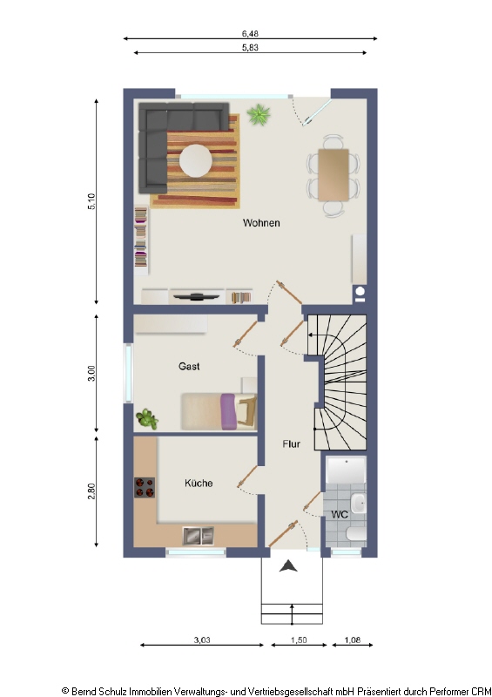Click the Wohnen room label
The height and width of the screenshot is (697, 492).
[261, 223]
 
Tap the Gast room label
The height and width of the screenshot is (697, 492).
[189, 366]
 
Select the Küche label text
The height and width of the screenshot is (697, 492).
[199, 483]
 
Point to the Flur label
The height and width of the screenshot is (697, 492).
[291, 443]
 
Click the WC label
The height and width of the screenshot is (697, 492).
[340, 514]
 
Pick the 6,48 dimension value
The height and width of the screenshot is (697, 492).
[250, 33]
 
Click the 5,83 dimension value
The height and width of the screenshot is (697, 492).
[250, 47]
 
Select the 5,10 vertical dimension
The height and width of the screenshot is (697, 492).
[91, 201]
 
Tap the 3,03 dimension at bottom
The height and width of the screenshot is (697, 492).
[202, 640]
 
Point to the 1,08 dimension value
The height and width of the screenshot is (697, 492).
[353, 640]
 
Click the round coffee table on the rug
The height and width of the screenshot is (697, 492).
[196, 160]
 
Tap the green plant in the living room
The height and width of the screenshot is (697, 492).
[259, 115]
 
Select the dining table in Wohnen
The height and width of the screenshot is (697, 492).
[334, 175]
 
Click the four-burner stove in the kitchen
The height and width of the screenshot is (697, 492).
[145, 488]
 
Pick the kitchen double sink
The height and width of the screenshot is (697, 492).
[199, 536]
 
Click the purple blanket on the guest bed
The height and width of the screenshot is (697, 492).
[228, 411]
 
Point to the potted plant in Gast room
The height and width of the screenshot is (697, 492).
[147, 419]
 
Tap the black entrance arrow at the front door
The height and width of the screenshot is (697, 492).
[288, 565]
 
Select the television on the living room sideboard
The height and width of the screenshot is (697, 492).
[196, 296]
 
